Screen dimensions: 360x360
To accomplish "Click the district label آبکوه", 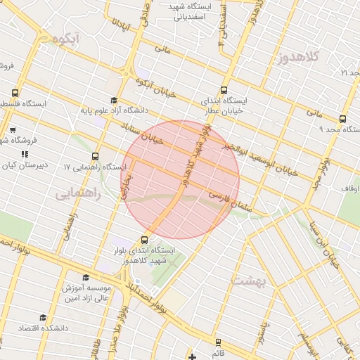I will click(62, 40).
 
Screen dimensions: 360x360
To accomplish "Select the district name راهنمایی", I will click(77, 193).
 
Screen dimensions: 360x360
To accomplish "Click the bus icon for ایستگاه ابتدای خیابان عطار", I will click(224, 90).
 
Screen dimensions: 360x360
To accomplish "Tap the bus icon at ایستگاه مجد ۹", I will click(342, 119).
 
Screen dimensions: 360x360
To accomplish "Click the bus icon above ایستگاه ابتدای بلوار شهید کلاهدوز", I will click(145, 239).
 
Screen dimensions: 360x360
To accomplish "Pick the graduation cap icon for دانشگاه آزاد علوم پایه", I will click(115, 100).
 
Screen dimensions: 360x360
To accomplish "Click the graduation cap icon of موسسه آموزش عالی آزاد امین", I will click(86, 278).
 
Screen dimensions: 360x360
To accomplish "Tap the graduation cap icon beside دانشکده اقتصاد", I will click(43, 317).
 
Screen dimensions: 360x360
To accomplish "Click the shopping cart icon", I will click(13, 129).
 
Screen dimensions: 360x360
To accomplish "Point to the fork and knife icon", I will click(24, 154).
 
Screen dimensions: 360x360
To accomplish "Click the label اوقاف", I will click(350, 188).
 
